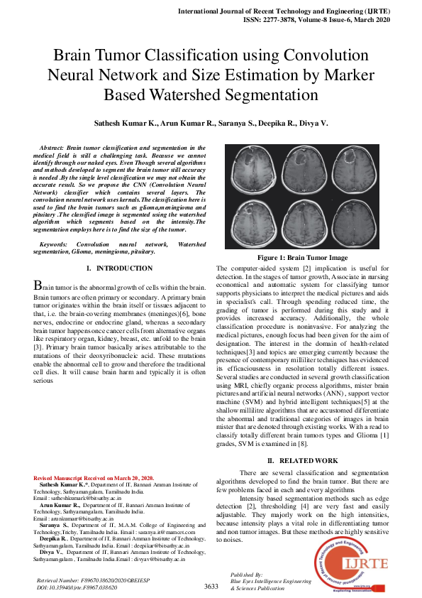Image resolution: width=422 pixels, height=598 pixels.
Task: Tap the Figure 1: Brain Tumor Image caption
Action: [x=312, y=258]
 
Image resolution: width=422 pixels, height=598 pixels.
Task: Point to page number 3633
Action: [x=211, y=586]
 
